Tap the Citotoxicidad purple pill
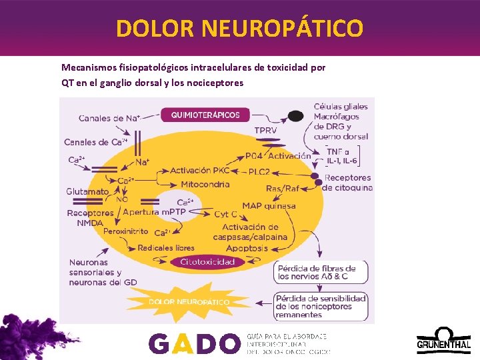click(207, 262)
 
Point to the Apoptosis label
click(247, 248)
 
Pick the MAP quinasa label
click(269, 206)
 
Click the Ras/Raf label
click(283, 189)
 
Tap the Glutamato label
click(87, 191)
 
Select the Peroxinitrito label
click(126, 231)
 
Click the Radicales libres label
click(166, 248)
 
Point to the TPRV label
click(265, 131)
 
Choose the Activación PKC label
click(199, 171)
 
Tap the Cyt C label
click(225, 214)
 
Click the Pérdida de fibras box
click(316, 273)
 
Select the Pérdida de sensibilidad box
click(321, 306)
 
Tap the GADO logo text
click(193, 343)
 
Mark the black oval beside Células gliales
click(295, 116)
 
